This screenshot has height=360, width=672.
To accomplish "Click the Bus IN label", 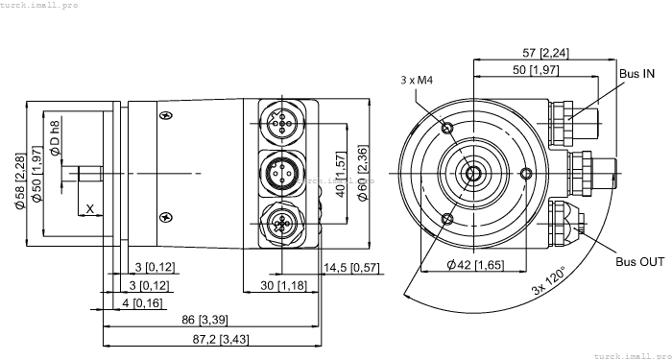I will point(636,74).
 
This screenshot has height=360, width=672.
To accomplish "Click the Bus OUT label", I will point(638,261).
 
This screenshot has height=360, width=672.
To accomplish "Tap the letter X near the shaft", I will point(89,208).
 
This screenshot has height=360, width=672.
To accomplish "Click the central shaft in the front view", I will point(474,174).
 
